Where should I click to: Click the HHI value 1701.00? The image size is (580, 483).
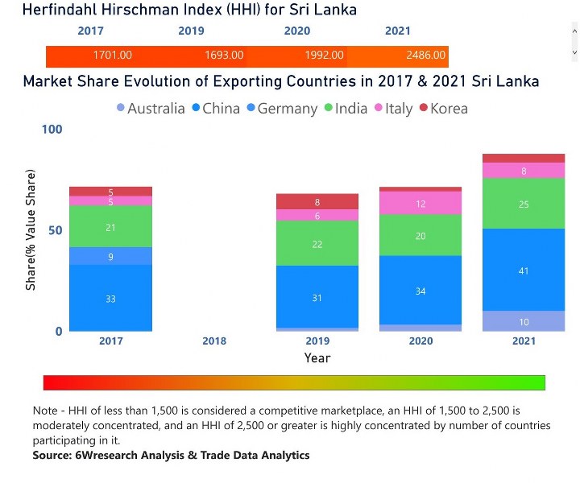[113, 56]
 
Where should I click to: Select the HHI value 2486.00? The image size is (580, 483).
[425, 56]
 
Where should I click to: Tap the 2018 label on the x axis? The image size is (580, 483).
[213, 341]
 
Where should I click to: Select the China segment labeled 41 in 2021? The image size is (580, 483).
[524, 270]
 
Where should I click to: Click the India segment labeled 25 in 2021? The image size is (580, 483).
[524, 204]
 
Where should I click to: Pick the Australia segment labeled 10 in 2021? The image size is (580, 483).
[524, 321]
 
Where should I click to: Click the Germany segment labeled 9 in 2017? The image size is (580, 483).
[110, 256]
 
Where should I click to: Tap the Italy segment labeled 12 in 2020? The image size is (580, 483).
[420, 204]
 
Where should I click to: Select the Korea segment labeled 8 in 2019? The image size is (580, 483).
[317, 202]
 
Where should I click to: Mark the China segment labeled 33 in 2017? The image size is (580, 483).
[110, 299]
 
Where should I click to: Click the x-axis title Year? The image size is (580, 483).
[317, 358]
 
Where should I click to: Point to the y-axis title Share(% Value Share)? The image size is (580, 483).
[31, 230]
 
